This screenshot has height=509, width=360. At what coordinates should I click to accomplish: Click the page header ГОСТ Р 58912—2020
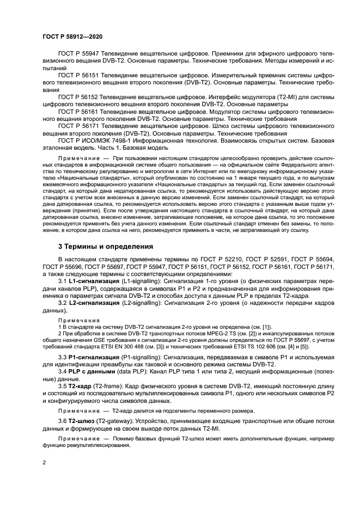pyautogui.click(x=72, y=36)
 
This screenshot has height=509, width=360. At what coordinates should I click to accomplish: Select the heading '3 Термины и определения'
pyautogui.click(x=106, y=246)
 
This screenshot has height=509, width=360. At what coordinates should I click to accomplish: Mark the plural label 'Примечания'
pyautogui.click(x=75, y=320)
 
